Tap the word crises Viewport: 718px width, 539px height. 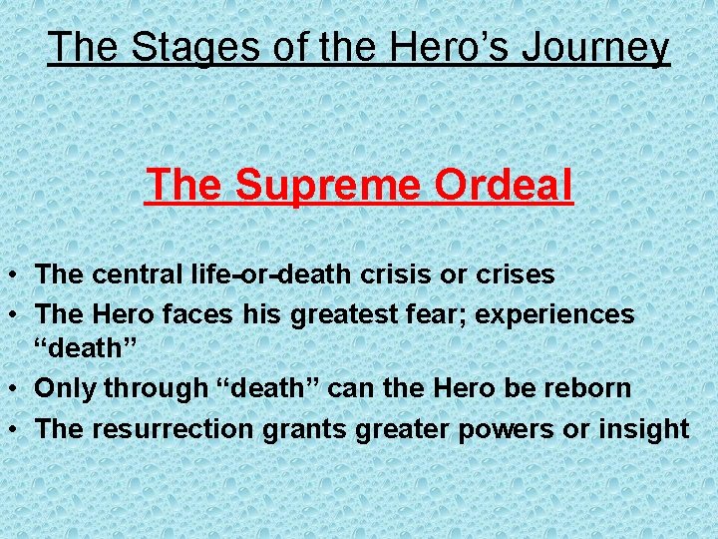coord(515,272)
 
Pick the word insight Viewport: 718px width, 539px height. coord(644,428)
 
